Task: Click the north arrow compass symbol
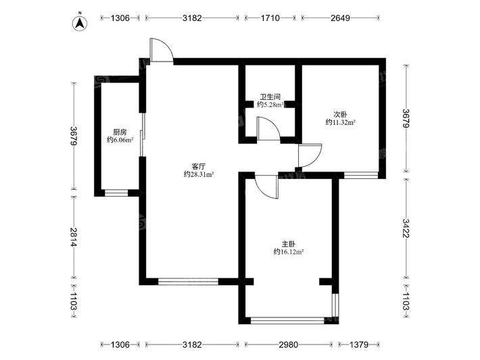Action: point(80,23)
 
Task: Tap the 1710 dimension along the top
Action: point(270,18)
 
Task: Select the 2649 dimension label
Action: point(341,18)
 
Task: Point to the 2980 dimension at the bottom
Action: point(289,344)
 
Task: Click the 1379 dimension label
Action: point(359,344)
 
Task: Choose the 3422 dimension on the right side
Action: point(406,228)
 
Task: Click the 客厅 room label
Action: point(198,167)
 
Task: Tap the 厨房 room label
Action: point(120,132)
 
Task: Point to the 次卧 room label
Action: point(340,115)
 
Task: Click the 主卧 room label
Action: point(289,244)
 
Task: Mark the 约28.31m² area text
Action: point(198,174)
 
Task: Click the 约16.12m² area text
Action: point(289,252)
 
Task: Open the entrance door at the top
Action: point(162,50)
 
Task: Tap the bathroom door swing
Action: point(269,129)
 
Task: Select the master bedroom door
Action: point(266,187)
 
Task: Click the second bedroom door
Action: point(310,155)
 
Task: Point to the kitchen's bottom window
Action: point(116,193)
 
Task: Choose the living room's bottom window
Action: point(188,282)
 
